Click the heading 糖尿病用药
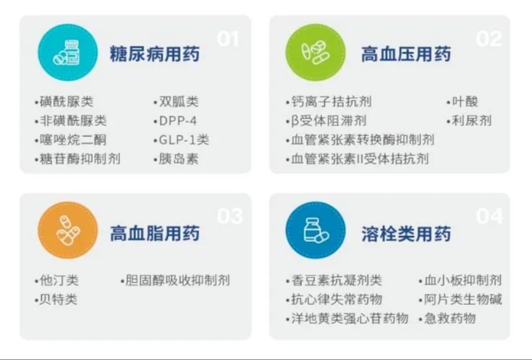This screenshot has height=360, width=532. click(155, 54)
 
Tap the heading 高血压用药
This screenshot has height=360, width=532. click(406, 54)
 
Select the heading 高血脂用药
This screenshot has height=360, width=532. click(155, 233)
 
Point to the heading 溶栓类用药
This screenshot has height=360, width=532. click(406, 233)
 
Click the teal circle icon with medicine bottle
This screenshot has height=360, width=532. click(67, 52)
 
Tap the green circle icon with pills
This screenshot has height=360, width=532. click(315, 52)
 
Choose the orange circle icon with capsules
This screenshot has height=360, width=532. click(67, 230)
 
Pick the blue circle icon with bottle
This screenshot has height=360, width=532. click(315, 230)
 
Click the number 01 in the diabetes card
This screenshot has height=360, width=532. click(228, 38)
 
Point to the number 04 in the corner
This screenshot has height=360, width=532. click(489, 216)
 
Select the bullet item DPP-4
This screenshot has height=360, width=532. click(175, 121)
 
